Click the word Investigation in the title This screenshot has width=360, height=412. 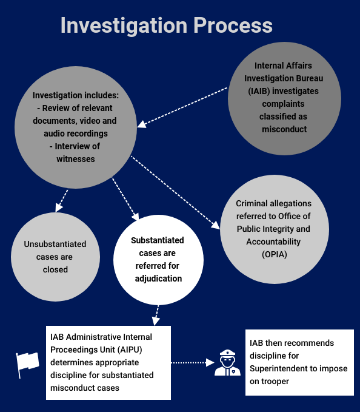click(124, 25)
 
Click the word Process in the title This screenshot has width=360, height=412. click(233, 25)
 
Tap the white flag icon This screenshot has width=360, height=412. click(27, 365)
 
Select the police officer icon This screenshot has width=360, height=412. click(227, 363)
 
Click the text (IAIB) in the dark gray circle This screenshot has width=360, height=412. click(259, 91)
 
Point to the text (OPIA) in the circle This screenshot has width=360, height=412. click(275, 254)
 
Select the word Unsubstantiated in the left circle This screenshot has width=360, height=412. click(55, 244)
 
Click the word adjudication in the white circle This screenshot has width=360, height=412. click(158, 279)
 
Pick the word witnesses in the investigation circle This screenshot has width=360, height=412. click(76, 159)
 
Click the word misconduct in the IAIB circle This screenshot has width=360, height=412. click(284, 129)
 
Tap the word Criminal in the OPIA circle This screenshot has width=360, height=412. click(252, 203)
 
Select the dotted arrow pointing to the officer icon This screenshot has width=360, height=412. click(193, 363)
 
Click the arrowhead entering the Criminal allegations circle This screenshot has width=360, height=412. click(216, 225)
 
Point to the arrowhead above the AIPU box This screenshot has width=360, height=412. click(156, 321)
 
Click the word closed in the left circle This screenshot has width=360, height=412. click(55, 269)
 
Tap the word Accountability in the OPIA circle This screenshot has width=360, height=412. click(273, 241)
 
